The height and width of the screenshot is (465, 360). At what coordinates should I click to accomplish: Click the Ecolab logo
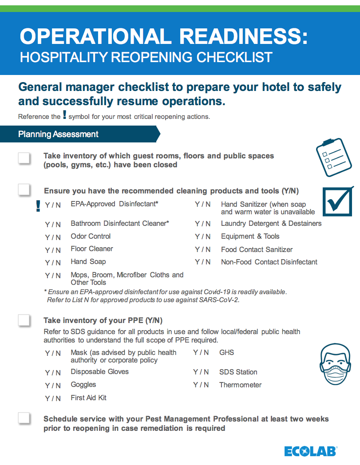click(x=311, y=451)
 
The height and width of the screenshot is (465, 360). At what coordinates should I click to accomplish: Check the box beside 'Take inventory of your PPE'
click(x=24, y=320)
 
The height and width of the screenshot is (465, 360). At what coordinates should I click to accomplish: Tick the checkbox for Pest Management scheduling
click(x=24, y=418)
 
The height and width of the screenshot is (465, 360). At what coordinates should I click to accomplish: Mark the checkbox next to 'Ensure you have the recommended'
click(x=24, y=190)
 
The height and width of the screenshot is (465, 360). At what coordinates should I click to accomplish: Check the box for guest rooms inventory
click(x=24, y=158)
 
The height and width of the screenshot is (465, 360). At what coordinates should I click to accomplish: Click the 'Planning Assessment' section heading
click(x=58, y=134)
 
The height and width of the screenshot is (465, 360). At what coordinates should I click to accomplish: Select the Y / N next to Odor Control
click(x=53, y=237)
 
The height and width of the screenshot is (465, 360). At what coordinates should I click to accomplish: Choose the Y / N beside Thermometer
click(x=201, y=385)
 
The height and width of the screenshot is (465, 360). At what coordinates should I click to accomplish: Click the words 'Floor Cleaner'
click(x=92, y=249)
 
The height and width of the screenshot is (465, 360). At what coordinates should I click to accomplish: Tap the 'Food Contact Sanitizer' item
click(x=257, y=250)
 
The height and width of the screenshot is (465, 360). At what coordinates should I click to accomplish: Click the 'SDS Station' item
click(x=238, y=372)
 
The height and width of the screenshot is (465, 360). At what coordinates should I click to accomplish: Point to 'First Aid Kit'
click(x=88, y=398)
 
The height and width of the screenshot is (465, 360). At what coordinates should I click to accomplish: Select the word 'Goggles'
click(x=83, y=385)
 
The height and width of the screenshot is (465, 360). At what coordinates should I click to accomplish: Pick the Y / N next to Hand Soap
click(x=53, y=263)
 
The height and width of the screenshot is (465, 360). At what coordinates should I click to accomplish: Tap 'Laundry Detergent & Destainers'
click(x=271, y=224)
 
